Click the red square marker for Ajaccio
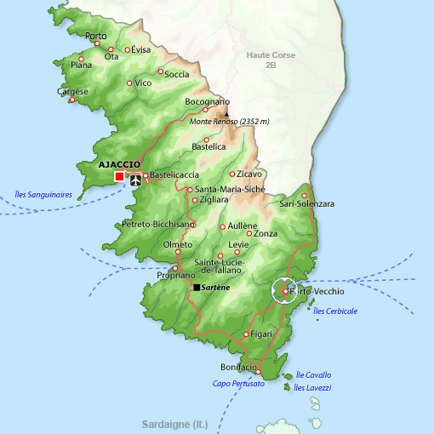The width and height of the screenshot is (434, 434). [118, 176]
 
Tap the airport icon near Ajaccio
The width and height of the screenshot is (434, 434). [135, 180]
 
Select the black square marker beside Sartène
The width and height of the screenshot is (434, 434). [197, 288]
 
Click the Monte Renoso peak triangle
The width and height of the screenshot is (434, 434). [226, 111]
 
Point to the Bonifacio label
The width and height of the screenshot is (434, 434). [238, 366]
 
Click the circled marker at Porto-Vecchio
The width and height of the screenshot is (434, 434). [285, 292]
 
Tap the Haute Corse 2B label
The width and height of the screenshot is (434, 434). [271, 60]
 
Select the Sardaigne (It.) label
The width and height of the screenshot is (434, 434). [175, 423]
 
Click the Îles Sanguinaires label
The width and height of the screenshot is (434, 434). [43, 194]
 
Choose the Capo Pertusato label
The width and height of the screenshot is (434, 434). [238, 384]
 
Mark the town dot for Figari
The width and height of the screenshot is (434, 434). [247, 334]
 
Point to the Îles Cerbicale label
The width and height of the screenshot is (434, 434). [335, 311]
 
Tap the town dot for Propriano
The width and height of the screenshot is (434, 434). [175, 268]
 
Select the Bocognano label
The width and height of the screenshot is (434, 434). [208, 102]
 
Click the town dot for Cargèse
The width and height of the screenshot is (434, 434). [72, 100]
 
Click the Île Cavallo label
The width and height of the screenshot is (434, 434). [313, 374]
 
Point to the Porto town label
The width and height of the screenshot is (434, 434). [96, 36]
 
